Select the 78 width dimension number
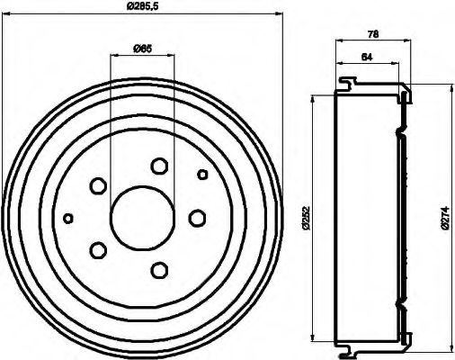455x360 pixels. tap(371, 33)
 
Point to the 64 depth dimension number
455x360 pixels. tap(365, 57)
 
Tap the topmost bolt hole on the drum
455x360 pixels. tap(159, 166)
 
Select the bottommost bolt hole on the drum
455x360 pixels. tap(160, 268)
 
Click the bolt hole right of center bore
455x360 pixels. tap(198, 217)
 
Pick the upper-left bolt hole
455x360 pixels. tap(98, 185)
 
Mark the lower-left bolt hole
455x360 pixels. tap(99, 249)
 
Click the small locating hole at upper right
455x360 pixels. tap(202, 174)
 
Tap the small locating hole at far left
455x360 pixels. tap(68, 217)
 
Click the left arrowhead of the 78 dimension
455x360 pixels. tap(339, 41)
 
